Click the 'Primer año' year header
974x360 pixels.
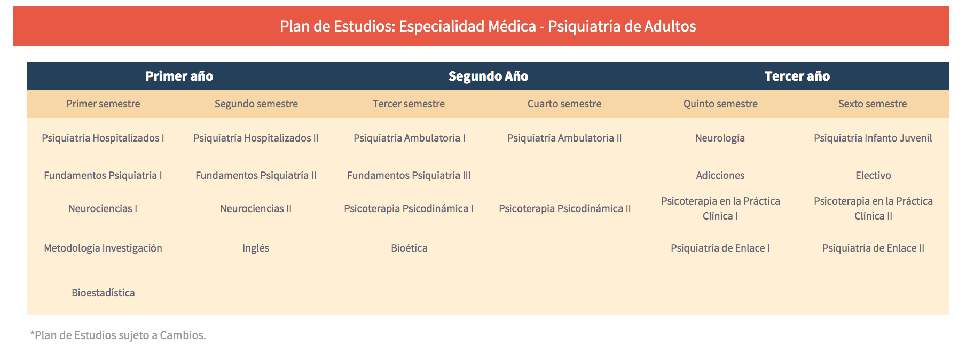coord(179,76)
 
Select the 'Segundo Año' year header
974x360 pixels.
coord(488,76)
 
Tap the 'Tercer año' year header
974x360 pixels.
coord(797,76)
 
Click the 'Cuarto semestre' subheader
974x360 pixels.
coord(564,104)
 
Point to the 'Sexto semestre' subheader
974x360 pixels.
coord(873,104)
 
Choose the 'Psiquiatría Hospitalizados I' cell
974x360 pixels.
coord(103,138)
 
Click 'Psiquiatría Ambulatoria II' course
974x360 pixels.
coord(564,138)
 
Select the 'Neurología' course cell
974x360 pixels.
coord(720,138)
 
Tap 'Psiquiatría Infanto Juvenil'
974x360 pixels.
coord(873,138)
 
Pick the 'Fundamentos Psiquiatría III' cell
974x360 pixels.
coord(409,175)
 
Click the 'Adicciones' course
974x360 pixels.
coord(720,175)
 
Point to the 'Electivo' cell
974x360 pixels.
coord(873,175)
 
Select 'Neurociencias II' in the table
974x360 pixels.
coord(256,208)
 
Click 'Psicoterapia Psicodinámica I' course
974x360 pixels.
coord(409,208)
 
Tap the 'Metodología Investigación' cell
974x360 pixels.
coord(103,248)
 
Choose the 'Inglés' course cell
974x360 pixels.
coord(256,248)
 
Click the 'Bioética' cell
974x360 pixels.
coord(409,248)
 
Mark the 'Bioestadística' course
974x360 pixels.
coord(103,293)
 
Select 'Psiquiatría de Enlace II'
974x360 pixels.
coord(873,248)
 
